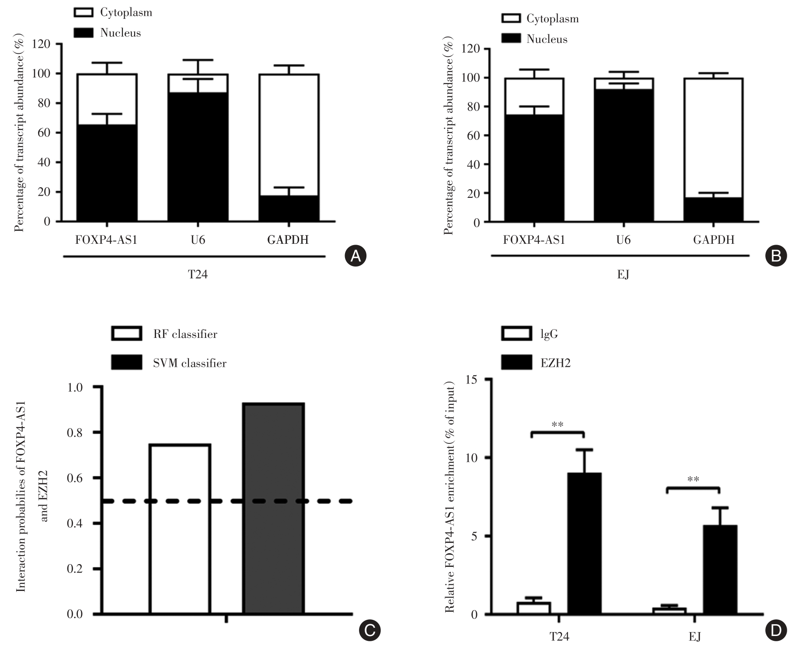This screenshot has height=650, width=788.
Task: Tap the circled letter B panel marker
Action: (x=776, y=255)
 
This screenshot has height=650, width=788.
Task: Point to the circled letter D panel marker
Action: (x=776, y=630)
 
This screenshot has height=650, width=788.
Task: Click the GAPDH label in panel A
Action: (x=288, y=240)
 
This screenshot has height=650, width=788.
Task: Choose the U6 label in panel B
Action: (x=623, y=240)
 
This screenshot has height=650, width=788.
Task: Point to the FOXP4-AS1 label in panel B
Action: (x=534, y=240)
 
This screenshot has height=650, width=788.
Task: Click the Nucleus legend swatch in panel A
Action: (x=83, y=33)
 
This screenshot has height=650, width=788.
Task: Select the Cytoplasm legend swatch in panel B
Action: (x=510, y=18)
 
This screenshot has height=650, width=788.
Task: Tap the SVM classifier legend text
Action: (x=189, y=363)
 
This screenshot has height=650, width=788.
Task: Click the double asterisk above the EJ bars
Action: (x=693, y=479)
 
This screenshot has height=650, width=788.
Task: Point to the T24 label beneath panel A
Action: (x=197, y=275)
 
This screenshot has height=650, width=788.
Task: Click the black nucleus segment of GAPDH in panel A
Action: (x=289, y=208)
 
